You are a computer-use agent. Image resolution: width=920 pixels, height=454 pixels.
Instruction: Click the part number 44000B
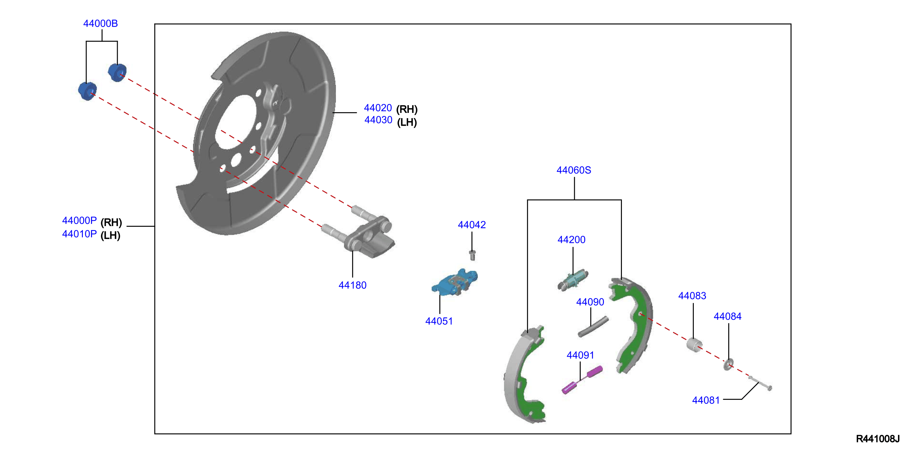pos(100,24)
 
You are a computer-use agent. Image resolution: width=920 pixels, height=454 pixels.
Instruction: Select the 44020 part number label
pos(378,108)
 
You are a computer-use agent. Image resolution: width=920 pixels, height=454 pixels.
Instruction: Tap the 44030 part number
pos(378,120)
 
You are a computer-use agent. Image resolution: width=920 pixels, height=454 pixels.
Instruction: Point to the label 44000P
pos(79,221)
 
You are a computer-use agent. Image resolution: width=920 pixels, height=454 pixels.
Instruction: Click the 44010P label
pos(79,234)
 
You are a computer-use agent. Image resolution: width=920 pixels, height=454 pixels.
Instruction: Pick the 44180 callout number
pos(353,285)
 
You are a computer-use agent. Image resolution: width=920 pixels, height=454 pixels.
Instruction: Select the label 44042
pos(472,225)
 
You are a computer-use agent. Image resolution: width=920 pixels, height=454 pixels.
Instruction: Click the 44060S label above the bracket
pos(574,170)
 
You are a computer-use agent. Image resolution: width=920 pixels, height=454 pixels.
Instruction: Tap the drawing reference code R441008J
pos(878,439)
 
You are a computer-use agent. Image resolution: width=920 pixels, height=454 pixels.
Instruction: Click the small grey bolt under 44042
pos(472,255)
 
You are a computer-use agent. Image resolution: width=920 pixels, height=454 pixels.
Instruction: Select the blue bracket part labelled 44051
pos(455,282)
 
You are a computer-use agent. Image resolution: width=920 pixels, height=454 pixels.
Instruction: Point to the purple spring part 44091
pos(582,380)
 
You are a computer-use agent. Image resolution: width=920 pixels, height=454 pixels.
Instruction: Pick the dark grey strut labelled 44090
pos(593,326)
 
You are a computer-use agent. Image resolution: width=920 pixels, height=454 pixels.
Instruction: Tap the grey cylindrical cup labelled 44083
pos(694,344)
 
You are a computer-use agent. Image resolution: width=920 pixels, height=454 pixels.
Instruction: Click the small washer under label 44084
pos(728,364)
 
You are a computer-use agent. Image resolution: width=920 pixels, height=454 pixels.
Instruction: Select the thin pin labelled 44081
pos(760,384)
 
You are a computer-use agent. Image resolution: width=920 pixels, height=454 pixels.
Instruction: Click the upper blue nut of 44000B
pos(117,72)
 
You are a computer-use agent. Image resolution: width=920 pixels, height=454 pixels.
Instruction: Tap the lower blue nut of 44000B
pos(87,91)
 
